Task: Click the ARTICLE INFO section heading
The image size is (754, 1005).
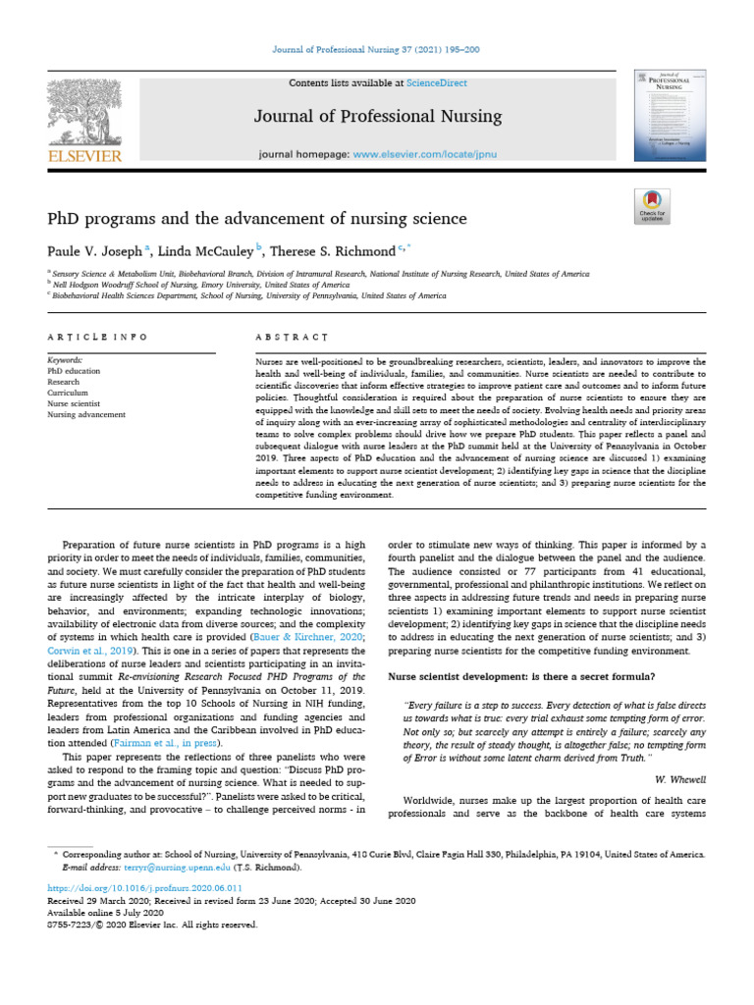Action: click(97, 337)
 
